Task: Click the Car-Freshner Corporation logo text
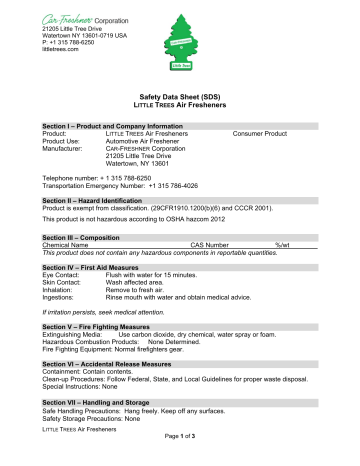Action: (x=82, y=18)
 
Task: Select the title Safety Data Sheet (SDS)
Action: (x=180, y=105)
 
